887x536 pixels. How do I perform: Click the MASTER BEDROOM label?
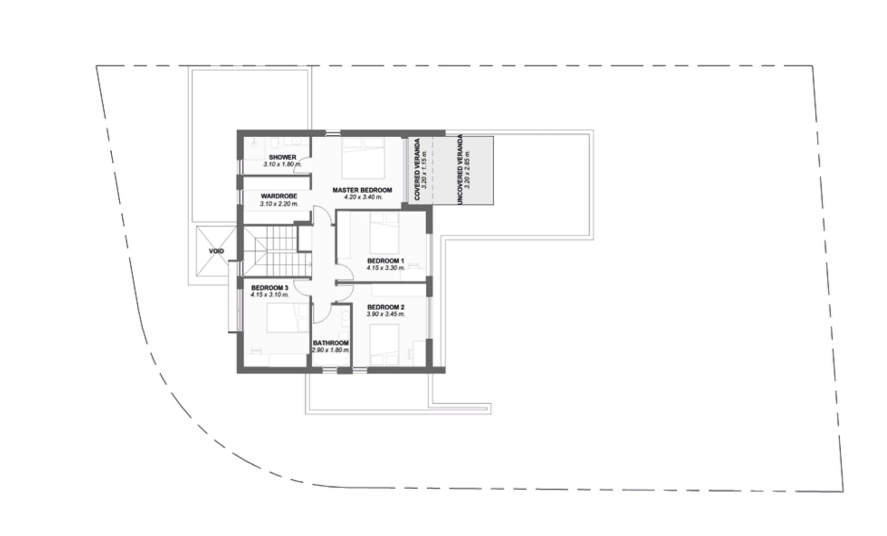pos(362,190)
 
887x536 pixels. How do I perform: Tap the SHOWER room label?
pos(282,157)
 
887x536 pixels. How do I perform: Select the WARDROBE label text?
pos(279,196)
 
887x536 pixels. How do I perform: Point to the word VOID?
pos(216,251)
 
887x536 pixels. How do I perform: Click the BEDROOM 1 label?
pos(386,261)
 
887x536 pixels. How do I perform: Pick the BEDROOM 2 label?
pos(386,307)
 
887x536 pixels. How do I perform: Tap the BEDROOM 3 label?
pos(270,288)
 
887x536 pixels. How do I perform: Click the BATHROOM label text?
pos(331,343)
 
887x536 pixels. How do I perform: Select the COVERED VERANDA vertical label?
pos(417,169)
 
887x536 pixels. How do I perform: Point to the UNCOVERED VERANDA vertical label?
pos(460,169)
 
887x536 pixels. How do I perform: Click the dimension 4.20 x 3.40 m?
pos(363,197)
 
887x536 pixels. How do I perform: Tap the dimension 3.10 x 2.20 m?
pos(279,204)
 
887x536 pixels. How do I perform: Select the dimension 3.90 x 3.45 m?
pos(386,314)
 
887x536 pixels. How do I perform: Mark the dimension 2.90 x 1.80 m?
pos(331,350)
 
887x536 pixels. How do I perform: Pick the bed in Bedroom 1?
pos(384,232)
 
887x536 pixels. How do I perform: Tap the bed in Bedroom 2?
pos(384,344)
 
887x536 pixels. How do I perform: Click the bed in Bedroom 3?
pos(282,318)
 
